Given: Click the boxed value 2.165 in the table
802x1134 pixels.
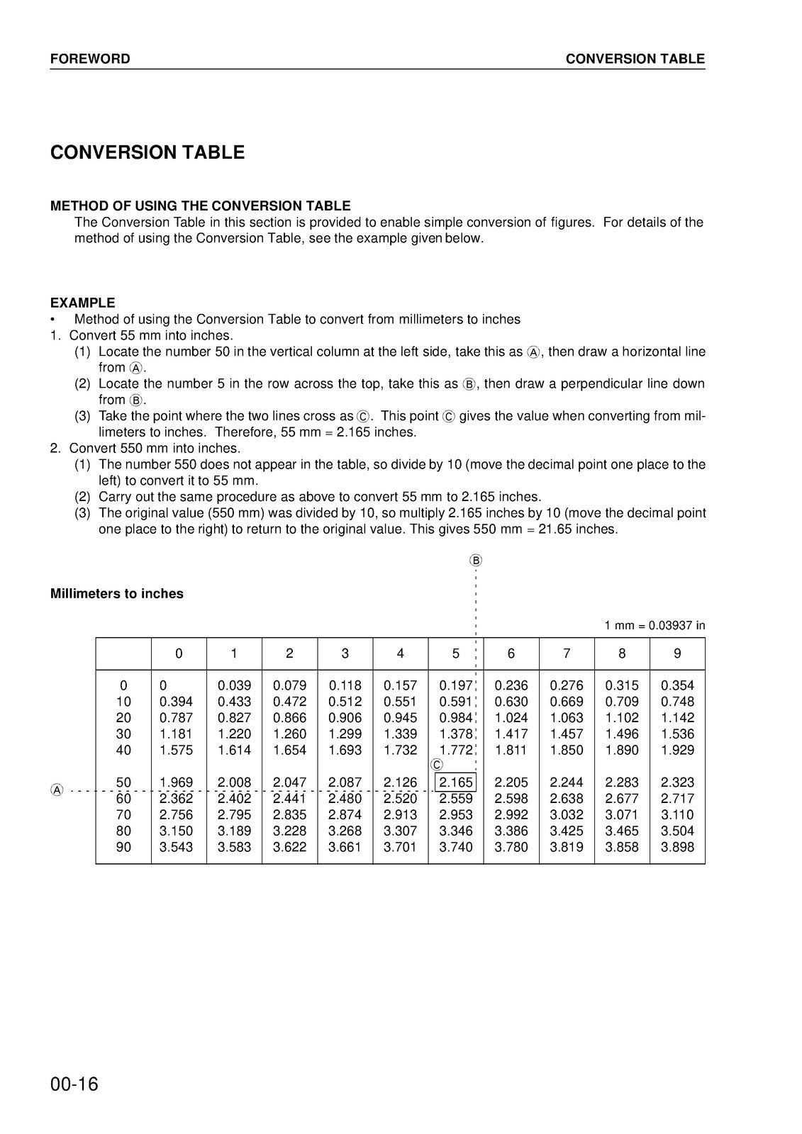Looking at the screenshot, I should coord(455,782).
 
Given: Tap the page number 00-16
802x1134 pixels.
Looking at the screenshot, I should coord(74,1084).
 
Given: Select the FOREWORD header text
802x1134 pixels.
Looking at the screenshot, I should coord(90,59).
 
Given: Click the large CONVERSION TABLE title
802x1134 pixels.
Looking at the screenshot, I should coord(147,152).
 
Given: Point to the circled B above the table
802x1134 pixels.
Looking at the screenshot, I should coord(476,561).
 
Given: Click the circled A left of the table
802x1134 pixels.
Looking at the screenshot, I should coord(57,790).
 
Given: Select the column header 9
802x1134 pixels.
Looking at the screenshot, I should coord(677,653).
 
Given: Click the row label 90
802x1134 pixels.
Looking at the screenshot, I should coord(123,847).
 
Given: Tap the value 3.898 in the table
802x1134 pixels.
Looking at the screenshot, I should coord(677,847).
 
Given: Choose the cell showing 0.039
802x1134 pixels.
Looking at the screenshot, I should coord(234,685).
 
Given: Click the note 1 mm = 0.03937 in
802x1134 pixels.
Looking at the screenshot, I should coord(655,625).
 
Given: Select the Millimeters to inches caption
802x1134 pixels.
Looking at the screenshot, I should coord(117,594).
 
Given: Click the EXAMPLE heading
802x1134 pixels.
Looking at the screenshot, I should coord(82,303).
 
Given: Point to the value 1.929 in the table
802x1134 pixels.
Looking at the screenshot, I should coord(677,750).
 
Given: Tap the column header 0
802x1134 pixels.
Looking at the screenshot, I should coord(179,653).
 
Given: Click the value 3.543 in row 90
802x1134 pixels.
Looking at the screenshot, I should coord(176,847).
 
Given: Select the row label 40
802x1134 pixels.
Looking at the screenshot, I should coord(123,750).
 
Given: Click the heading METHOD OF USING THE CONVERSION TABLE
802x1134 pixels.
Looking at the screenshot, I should coord(200,206).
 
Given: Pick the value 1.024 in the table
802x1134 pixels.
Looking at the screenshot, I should coord(511,718).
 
